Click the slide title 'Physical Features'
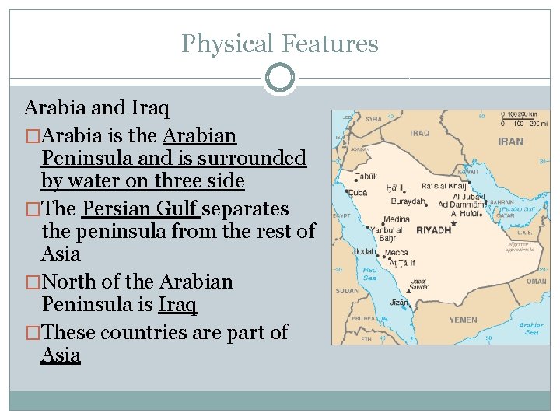pyautogui.click(x=280, y=44)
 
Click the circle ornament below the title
pyautogui.click(x=280, y=78)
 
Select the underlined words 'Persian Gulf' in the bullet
pyautogui.click(x=140, y=209)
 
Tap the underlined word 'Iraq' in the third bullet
pyautogui.click(x=177, y=304)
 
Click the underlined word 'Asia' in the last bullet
pyautogui.click(x=61, y=355)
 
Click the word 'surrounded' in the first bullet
pyautogui.click(x=262, y=158)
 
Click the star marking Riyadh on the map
pyautogui.click(x=453, y=224)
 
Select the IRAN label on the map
pyautogui.click(x=510, y=142)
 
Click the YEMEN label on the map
pyautogui.click(x=463, y=320)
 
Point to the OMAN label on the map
pyautogui.click(x=536, y=282)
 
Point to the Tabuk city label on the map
pyautogui.click(x=369, y=176)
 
